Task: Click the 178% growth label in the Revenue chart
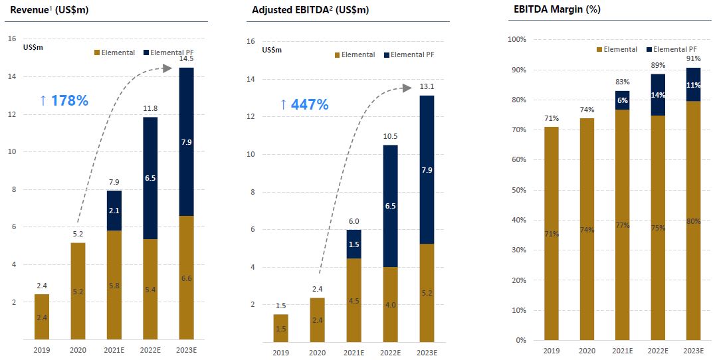(64, 101)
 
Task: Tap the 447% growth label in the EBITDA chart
(304, 104)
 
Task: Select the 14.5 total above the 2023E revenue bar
(187, 60)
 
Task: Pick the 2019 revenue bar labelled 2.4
(42, 317)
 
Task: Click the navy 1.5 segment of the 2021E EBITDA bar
(354, 244)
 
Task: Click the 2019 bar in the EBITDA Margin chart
(551, 233)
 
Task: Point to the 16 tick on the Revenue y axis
(12, 39)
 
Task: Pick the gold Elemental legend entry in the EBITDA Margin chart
(617, 49)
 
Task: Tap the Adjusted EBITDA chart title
(310, 11)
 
